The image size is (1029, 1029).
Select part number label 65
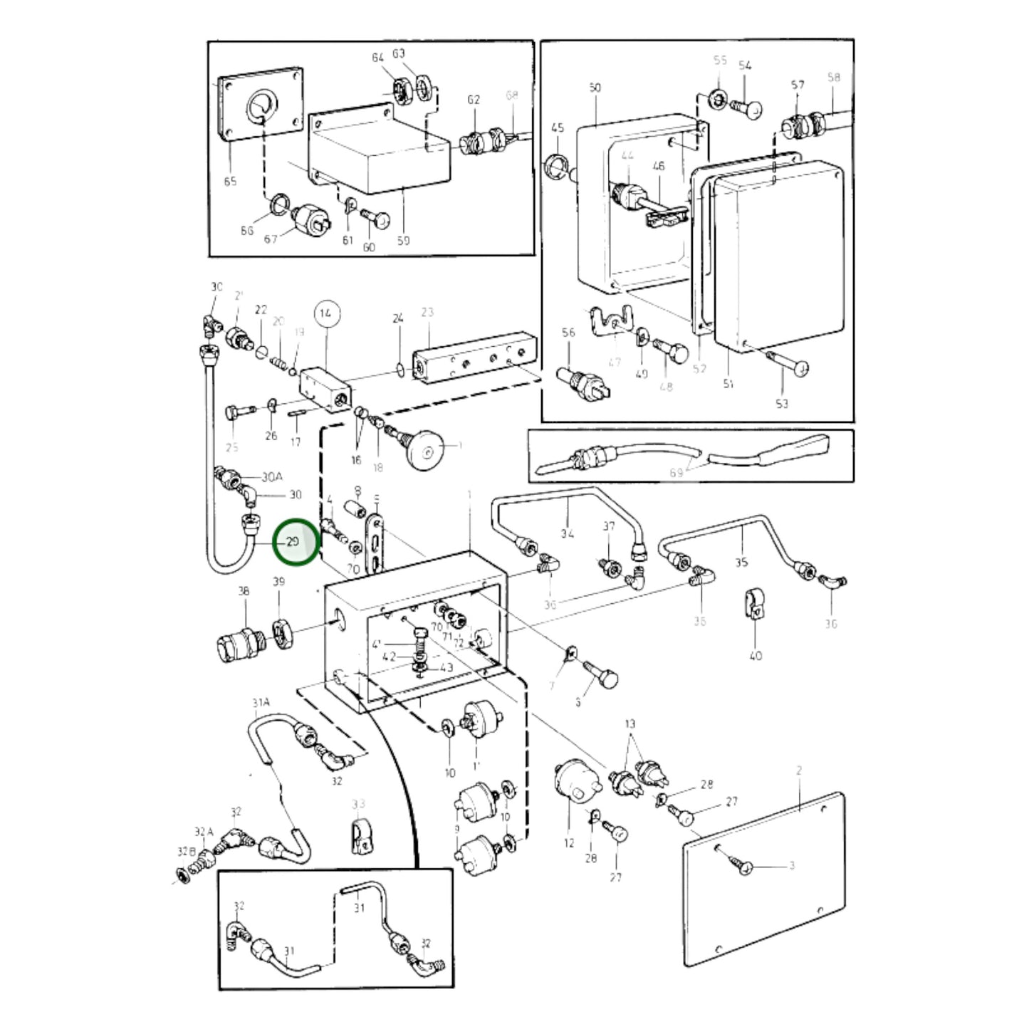pyautogui.click(x=230, y=182)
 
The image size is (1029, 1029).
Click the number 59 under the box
pyautogui.click(x=403, y=241)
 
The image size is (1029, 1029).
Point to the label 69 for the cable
pyautogui.click(x=676, y=472)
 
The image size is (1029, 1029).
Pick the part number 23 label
pyautogui.click(x=427, y=313)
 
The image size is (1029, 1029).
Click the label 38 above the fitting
pyautogui.click(x=244, y=591)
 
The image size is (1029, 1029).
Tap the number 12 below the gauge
pyautogui.click(x=568, y=843)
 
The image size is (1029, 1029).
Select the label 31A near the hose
pyautogui.click(x=261, y=703)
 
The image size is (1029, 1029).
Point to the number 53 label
pyautogui.click(x=782, y=404)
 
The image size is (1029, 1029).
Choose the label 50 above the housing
pyautogui.click(x=595, y=88)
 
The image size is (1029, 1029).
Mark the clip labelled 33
pyautogui.click(x=359, y=835)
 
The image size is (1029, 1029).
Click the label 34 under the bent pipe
pyautogui.click(x=567, y=533)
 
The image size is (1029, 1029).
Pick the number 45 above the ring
pyautogui.click(x=558, y=128)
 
